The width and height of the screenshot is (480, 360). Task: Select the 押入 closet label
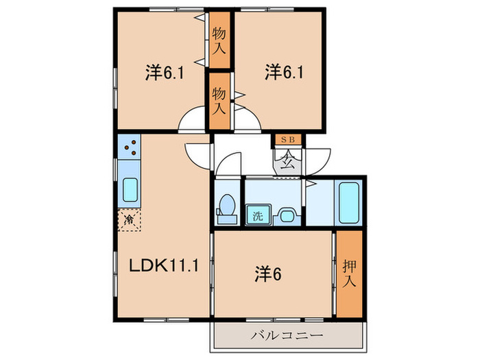click(x=348, y=272)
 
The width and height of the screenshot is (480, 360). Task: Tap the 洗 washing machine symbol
click(x=259, y=215)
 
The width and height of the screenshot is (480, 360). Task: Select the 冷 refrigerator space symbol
click(x=129, y=219)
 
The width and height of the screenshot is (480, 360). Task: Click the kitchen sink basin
click(x=130, y=188)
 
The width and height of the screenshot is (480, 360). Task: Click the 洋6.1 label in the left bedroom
click(x=165, y=73)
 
